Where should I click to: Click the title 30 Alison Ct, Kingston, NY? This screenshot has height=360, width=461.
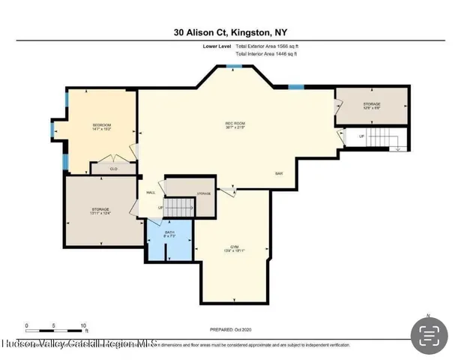[229, 33]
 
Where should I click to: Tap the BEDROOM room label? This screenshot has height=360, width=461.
[102, 126]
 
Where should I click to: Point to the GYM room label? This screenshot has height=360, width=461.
[234, 249]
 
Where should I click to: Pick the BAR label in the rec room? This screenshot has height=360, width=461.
[278, 174]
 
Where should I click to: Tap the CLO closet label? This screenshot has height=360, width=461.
[114, 169]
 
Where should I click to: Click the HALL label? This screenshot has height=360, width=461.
[151, 192]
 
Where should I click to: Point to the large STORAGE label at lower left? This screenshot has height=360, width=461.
[101, 211]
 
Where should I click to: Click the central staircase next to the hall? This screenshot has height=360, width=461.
[178, 207]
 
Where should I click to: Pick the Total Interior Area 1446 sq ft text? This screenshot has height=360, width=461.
[271, 54]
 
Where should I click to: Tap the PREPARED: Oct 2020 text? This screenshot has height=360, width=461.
[230, 329]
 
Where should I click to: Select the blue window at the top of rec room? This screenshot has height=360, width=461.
[235, 67]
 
